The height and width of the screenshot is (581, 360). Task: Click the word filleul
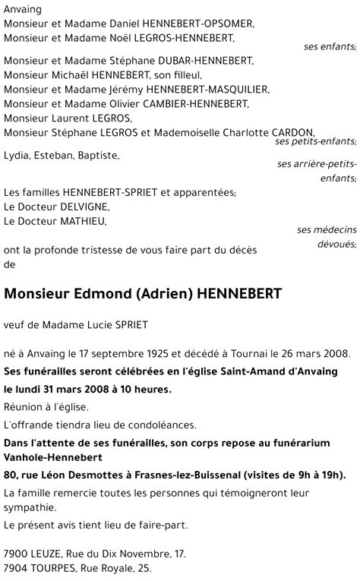[x=183, y=75]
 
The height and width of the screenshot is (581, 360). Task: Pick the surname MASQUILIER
[x=222, y=90]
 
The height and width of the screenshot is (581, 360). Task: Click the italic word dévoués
[x=335, y=245]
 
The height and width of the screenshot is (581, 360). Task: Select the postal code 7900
[x=16, y=554]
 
